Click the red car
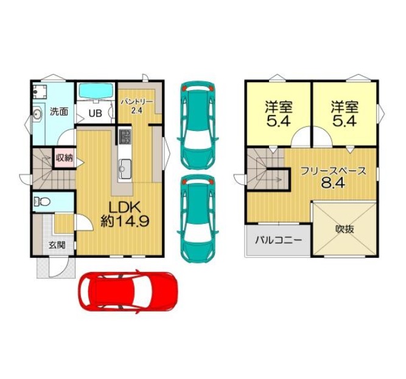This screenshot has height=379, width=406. tap(128, 291)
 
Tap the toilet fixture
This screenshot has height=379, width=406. tap(41, 201)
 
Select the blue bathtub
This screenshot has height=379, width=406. tap(96, 91)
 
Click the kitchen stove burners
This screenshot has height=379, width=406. tap(125, 137)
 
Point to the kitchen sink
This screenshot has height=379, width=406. tap(125, 169)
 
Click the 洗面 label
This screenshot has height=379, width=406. tap(59, 112)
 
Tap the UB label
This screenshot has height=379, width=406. tap(96, 113)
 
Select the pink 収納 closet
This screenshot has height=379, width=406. tap(65, 158)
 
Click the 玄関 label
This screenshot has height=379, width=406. tap(57, 245)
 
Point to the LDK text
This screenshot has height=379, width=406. tap(125, 207)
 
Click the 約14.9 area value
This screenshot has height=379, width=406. tap(125, 221)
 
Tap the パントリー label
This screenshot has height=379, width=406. tap(137, 102)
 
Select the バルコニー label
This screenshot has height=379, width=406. tap(278, 240)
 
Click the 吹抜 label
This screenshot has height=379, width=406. tap(345, 229)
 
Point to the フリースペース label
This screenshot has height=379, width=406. tap(333, 172)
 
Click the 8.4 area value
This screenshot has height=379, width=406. tap(333, 183)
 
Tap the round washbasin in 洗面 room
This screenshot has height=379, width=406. tap(38, 113)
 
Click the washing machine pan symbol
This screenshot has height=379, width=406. tap(40, 92)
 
